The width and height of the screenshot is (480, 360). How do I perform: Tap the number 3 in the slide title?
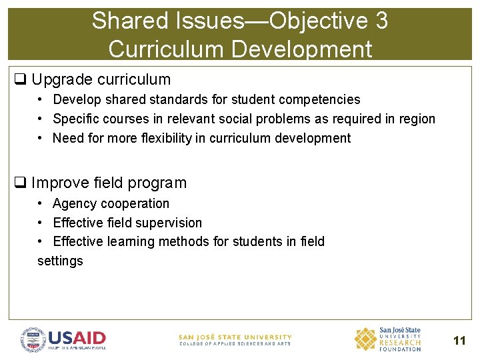(381, 21)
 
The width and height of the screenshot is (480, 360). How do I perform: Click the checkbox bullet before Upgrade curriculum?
(20, 80)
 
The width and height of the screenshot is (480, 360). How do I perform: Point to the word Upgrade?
(61, 80)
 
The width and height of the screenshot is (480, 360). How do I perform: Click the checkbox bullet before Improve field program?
(20, 183)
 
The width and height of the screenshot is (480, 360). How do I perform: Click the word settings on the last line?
(60, 261)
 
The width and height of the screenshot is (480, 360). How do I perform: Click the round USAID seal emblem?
(33, 339)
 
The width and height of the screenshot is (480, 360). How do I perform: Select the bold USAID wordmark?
(77, 337)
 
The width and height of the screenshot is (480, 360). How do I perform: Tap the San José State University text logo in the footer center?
(235, 339)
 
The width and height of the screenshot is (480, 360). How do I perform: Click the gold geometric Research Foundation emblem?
(365, 339)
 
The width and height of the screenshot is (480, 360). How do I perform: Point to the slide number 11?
(459, 341)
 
